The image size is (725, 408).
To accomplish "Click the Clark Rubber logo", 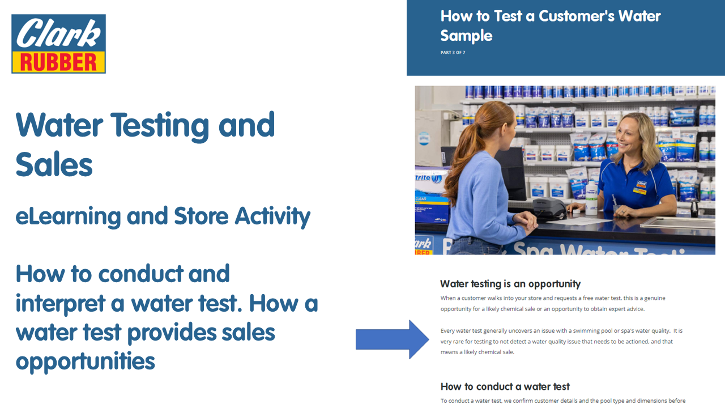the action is [58, 44].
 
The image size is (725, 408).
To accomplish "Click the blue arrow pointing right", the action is [393, 339].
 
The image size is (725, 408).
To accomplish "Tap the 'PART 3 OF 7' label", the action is [453, 53].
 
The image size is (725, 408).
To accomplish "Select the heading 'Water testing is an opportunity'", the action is [510, 284].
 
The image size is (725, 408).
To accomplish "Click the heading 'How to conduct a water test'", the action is [505, 386].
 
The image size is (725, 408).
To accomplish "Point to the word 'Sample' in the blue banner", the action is [466, 36].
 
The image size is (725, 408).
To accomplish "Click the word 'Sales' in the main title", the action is [54, 164].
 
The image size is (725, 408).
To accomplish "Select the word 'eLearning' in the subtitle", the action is [69, 216].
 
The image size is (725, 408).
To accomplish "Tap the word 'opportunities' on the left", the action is [86, 362].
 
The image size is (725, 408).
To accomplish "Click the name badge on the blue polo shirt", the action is [640, 188].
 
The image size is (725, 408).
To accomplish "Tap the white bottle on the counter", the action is [591, 198].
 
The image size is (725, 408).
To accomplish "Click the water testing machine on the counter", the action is [549, 208].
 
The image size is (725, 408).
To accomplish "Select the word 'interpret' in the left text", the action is [61, 304].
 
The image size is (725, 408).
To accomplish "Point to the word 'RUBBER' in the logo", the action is [58, 62].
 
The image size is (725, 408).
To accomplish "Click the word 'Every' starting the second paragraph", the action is [447, 331].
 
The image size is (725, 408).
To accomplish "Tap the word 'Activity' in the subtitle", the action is [272, 216].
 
